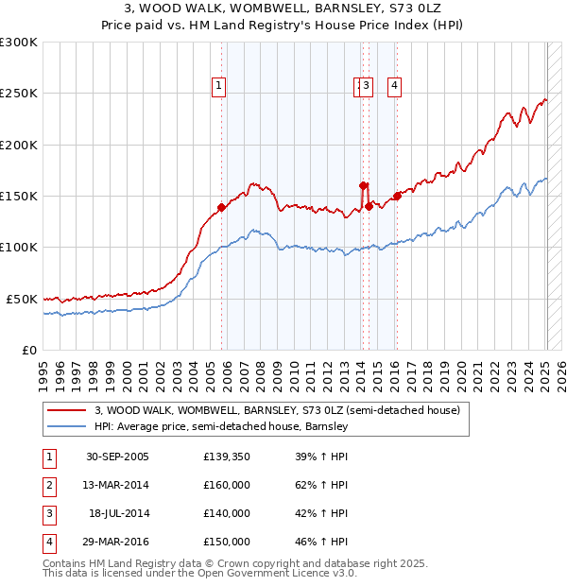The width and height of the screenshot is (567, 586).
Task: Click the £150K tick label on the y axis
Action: coord(19,197)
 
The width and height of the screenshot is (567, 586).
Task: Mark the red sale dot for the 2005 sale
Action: coord(222,207)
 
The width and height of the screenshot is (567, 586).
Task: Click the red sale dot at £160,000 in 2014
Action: coord(363,186)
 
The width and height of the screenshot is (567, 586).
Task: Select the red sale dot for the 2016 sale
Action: coord(397,196)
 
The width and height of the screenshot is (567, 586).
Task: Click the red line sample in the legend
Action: coord(66,411)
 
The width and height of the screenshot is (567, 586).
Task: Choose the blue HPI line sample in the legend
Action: coord(66,427)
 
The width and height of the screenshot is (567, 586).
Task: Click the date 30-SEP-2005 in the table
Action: coord(117,457)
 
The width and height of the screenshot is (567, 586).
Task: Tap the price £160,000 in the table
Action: coord(227,485)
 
